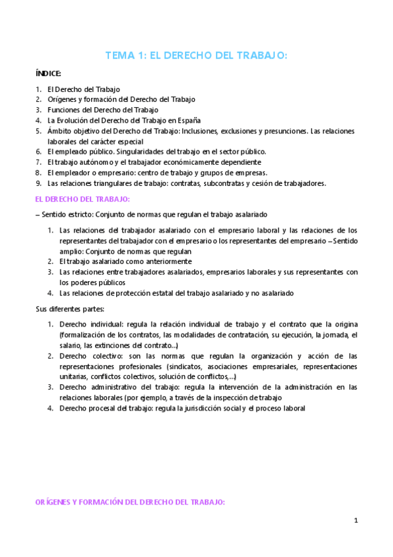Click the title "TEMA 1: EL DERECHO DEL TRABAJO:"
click(x=196, y=56)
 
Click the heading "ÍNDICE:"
click(x=49, y=74)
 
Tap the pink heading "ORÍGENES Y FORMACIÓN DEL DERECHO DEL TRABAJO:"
click(x=130, y=501)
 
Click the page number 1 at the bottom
click(x=356, y=521)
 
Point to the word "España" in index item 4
click(x=188, y=121)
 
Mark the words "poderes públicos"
click(x=98, y=282)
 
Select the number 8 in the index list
click(x=39, y=172)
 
